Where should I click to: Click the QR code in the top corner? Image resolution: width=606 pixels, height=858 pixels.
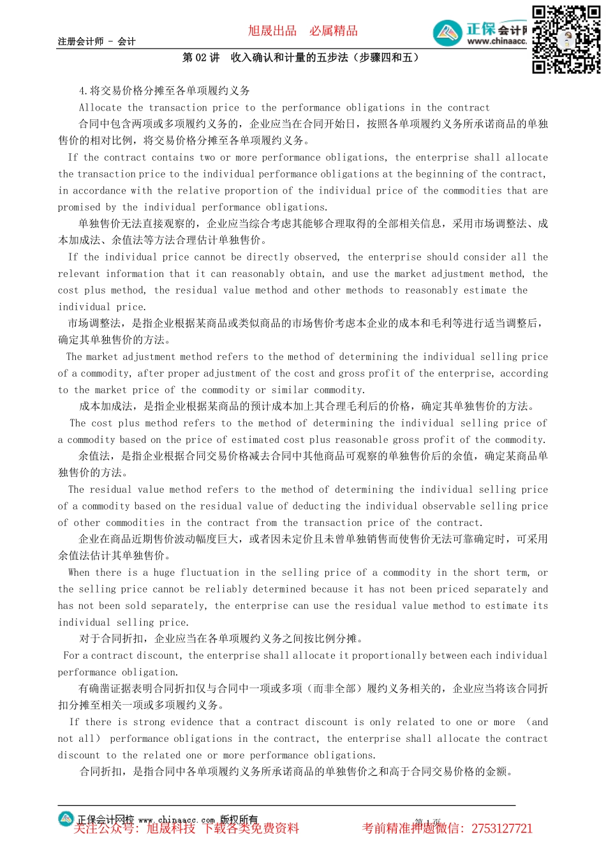click(566, 40)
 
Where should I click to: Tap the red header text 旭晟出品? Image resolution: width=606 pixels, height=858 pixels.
click(272, 31)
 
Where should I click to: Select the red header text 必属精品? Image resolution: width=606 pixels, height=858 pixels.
click(334, 31)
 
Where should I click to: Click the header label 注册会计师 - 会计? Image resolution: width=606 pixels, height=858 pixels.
click(96, 41)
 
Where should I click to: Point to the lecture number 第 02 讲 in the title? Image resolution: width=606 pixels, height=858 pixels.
click(201, 57)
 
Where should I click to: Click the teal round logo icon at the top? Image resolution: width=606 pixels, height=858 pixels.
click(448, 33)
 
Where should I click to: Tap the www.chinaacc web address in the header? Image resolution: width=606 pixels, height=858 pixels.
click(496, 41)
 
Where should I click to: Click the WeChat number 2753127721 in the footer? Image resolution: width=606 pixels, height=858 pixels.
click(502, 829)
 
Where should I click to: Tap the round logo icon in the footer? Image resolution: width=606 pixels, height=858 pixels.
click(66, 819)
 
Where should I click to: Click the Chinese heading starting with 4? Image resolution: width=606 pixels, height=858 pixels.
click(165, 91)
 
